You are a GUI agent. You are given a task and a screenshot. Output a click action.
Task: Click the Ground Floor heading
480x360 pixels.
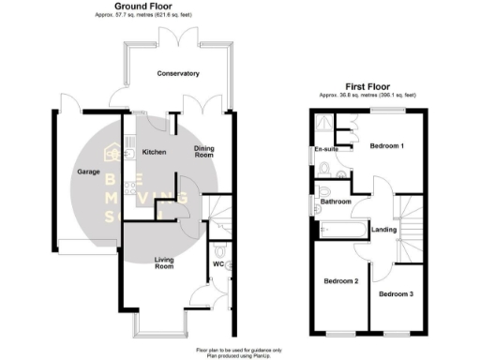coord(142,6)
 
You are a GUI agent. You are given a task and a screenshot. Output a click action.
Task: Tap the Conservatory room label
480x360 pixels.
coord(178,73)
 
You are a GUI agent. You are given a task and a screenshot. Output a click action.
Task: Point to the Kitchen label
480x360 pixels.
coord(153,152)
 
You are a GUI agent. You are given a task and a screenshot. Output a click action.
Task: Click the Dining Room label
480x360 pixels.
coord(204,152)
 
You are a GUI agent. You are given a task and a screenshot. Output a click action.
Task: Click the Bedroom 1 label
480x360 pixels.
coord(386,146)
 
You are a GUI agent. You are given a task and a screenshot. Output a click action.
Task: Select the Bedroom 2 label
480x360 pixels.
coord(341,280)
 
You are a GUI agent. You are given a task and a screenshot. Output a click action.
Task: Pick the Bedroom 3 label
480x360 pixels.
coord(397,294)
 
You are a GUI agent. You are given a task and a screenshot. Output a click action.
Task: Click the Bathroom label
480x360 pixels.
coord(336,202)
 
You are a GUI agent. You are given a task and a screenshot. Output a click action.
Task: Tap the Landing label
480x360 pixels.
coord(384,230)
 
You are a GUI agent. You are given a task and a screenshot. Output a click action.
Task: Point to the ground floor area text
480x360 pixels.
coord(142,15)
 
